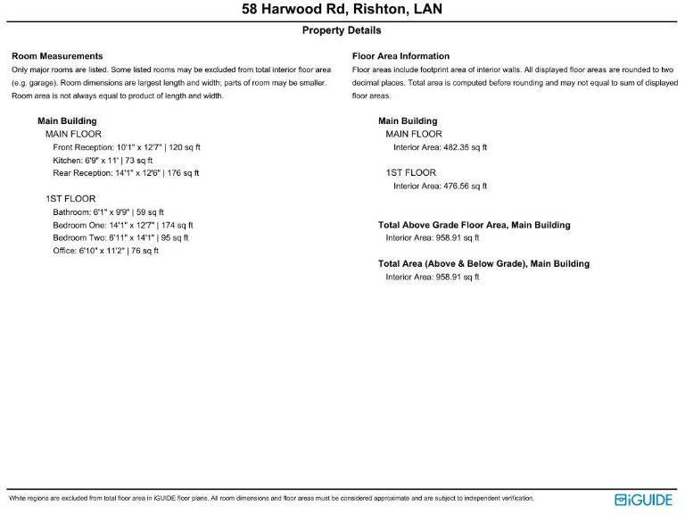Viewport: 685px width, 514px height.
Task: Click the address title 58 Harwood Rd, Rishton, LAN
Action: (342, 10)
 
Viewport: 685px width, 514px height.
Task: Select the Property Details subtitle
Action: (342, 30)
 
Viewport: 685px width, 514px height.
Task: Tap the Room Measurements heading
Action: (57, 56)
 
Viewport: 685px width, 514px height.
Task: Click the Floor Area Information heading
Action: (400, 56)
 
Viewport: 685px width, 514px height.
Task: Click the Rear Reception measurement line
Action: (126, 173)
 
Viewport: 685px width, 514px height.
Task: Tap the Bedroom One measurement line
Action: (123, 225)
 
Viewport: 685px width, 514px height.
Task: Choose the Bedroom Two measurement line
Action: (120, 238)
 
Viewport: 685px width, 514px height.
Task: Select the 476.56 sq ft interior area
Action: (440, 186)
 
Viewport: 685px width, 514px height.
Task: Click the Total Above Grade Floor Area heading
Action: (474, 225)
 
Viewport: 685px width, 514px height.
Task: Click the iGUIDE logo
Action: (643, 500)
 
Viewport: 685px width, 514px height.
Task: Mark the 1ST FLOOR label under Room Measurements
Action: (70, 199)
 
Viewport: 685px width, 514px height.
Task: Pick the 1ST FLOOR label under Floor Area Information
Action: (411, 173)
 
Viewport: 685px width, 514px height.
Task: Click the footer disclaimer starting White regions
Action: (271, 498)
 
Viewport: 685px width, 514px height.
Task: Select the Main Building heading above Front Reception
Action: (67, 120)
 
